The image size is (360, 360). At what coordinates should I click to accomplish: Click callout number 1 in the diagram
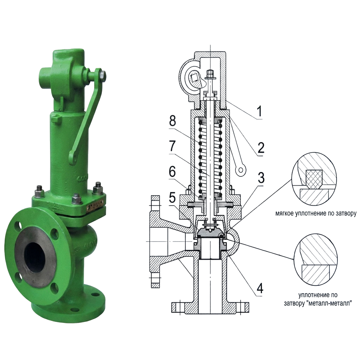point(259,111)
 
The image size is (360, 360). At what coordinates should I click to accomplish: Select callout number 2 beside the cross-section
point(261,148)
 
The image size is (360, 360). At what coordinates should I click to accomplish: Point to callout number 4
point(260,288)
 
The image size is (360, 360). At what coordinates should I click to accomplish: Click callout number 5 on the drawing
point(172,197)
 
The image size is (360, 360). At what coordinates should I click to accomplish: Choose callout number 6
point(172,172)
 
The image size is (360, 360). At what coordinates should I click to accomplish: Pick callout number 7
point(172,146)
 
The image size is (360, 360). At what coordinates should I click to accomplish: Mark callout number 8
point(172,121)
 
